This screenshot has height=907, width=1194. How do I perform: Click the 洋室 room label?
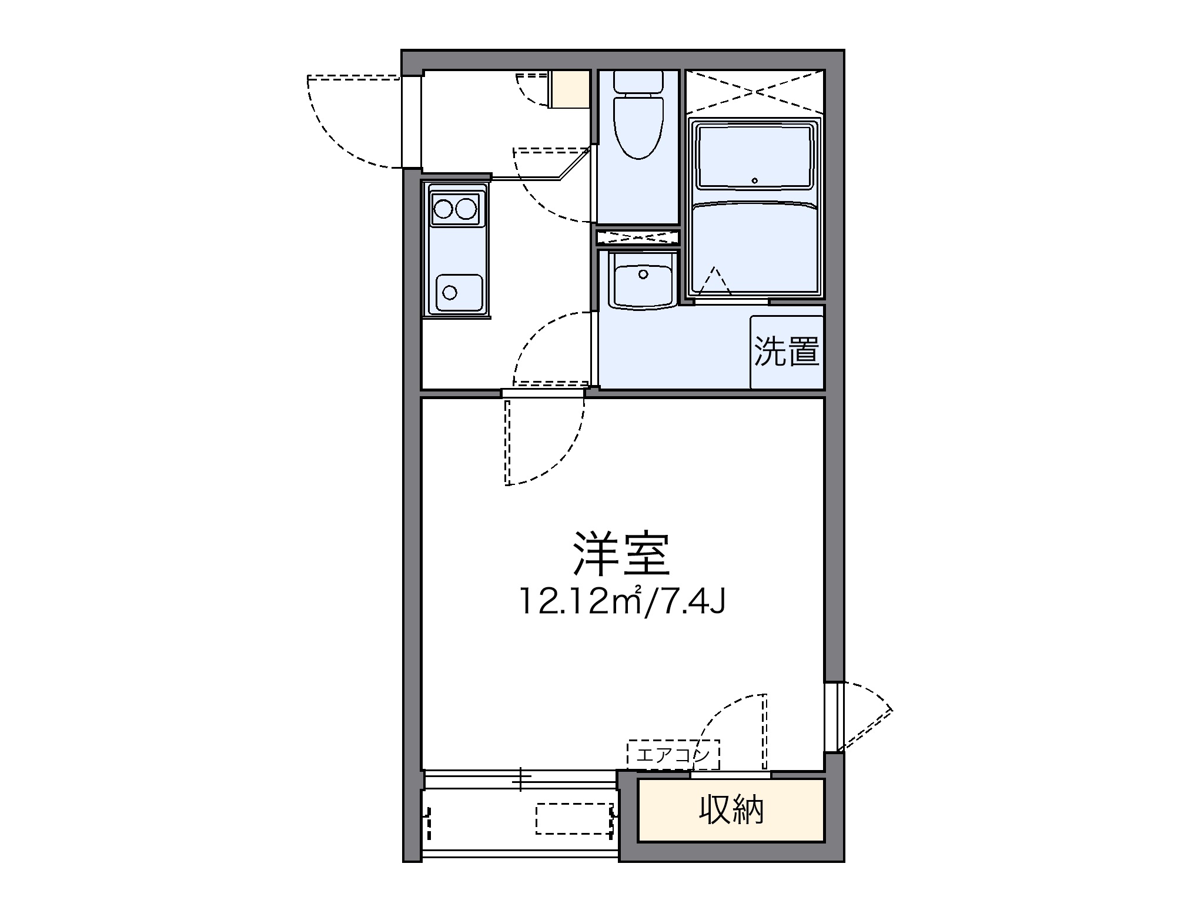coord(622,554)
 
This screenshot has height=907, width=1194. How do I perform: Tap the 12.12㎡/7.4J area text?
coord(622,601)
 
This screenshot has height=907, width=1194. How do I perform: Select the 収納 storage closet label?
coord(731,810)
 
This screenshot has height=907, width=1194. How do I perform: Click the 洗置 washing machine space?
coord(787,352)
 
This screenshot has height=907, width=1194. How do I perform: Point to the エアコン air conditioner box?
coord(673,755)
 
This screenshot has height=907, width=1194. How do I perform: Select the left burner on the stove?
coord(443,208)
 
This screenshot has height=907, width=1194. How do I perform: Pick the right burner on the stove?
coord(466,208)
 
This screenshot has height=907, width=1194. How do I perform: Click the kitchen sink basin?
coord(459,292)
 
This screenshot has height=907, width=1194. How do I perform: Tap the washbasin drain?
coord(643,274)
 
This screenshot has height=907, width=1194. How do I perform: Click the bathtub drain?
coord(755,180)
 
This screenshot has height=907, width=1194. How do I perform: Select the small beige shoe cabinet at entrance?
coord(568,89)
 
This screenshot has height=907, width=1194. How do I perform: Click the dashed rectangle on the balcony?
coord(573,819)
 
